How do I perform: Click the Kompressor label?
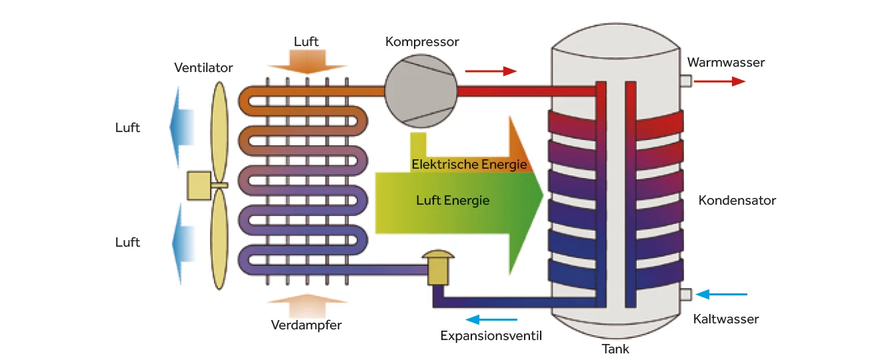(422, 42)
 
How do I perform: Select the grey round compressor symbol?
(421, 90)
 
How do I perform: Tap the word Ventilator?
(203, 68)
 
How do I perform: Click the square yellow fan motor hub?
(199, 186)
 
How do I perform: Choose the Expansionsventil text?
(491, 336)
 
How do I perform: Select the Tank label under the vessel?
(615, 349)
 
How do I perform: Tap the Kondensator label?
(737, 201)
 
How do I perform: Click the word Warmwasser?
(726, 63)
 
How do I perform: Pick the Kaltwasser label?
(726, 319)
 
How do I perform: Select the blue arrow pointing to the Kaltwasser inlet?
(721, 294)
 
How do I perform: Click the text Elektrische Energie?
(469, 164)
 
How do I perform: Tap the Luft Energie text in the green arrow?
(453, 201)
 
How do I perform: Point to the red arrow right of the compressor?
(491, 71)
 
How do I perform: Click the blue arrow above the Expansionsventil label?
(491, 320)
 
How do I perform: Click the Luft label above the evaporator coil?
(306, 42)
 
